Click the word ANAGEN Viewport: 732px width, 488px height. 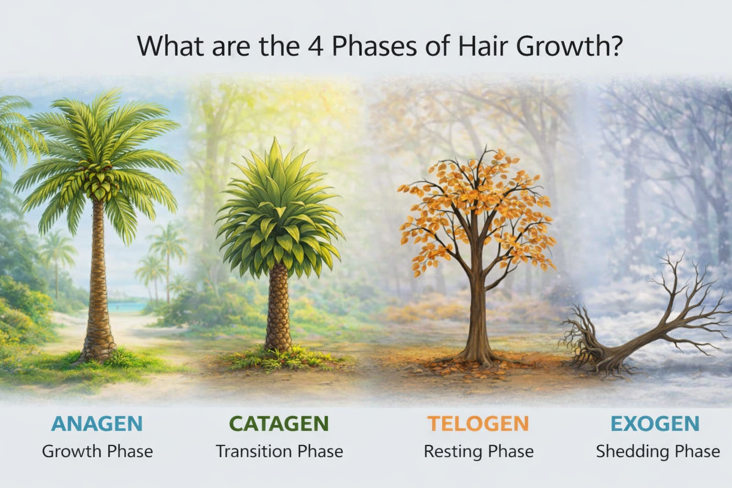click(x=97, y=423)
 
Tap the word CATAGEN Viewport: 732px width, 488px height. click(x=279, y=423)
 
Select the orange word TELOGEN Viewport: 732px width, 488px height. click(x=478, y=423)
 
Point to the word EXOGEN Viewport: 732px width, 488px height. click(x=655, y=423)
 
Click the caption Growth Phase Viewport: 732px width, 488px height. click(x=97, y=451)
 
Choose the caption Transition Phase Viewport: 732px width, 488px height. click(x=279, y=451)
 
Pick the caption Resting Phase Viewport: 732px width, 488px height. click(x=478, y=451)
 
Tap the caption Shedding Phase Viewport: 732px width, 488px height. click(x=658, y=451)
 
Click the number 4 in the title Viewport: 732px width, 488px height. click(x=315, y=46)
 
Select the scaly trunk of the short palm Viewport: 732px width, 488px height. click(x=278, y=310)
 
